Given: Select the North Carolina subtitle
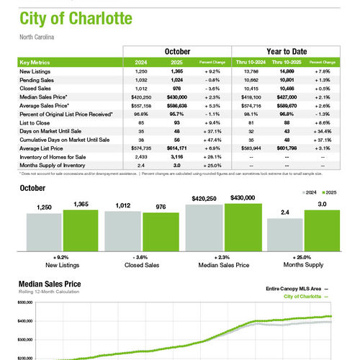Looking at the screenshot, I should (x=37, y=36).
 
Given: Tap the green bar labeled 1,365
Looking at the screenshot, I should (x=80, y=230).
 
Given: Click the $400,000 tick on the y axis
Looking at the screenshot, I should (x=25, y=321).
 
